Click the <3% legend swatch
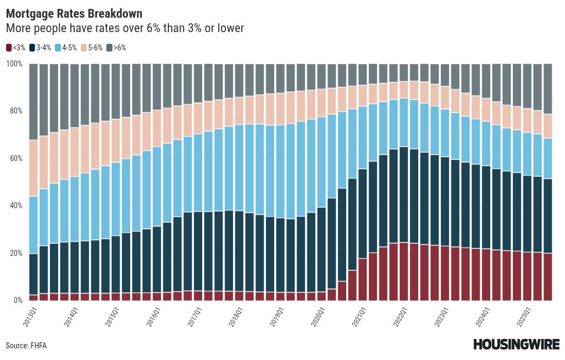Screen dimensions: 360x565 (x=8, y=48)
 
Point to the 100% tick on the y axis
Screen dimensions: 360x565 (x=14, y=64)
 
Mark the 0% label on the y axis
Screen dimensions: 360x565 (x=18, y=300)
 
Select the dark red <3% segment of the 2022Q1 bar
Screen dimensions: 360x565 (x=403, y=271)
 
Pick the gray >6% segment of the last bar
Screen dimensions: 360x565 (x=547, y=89)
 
